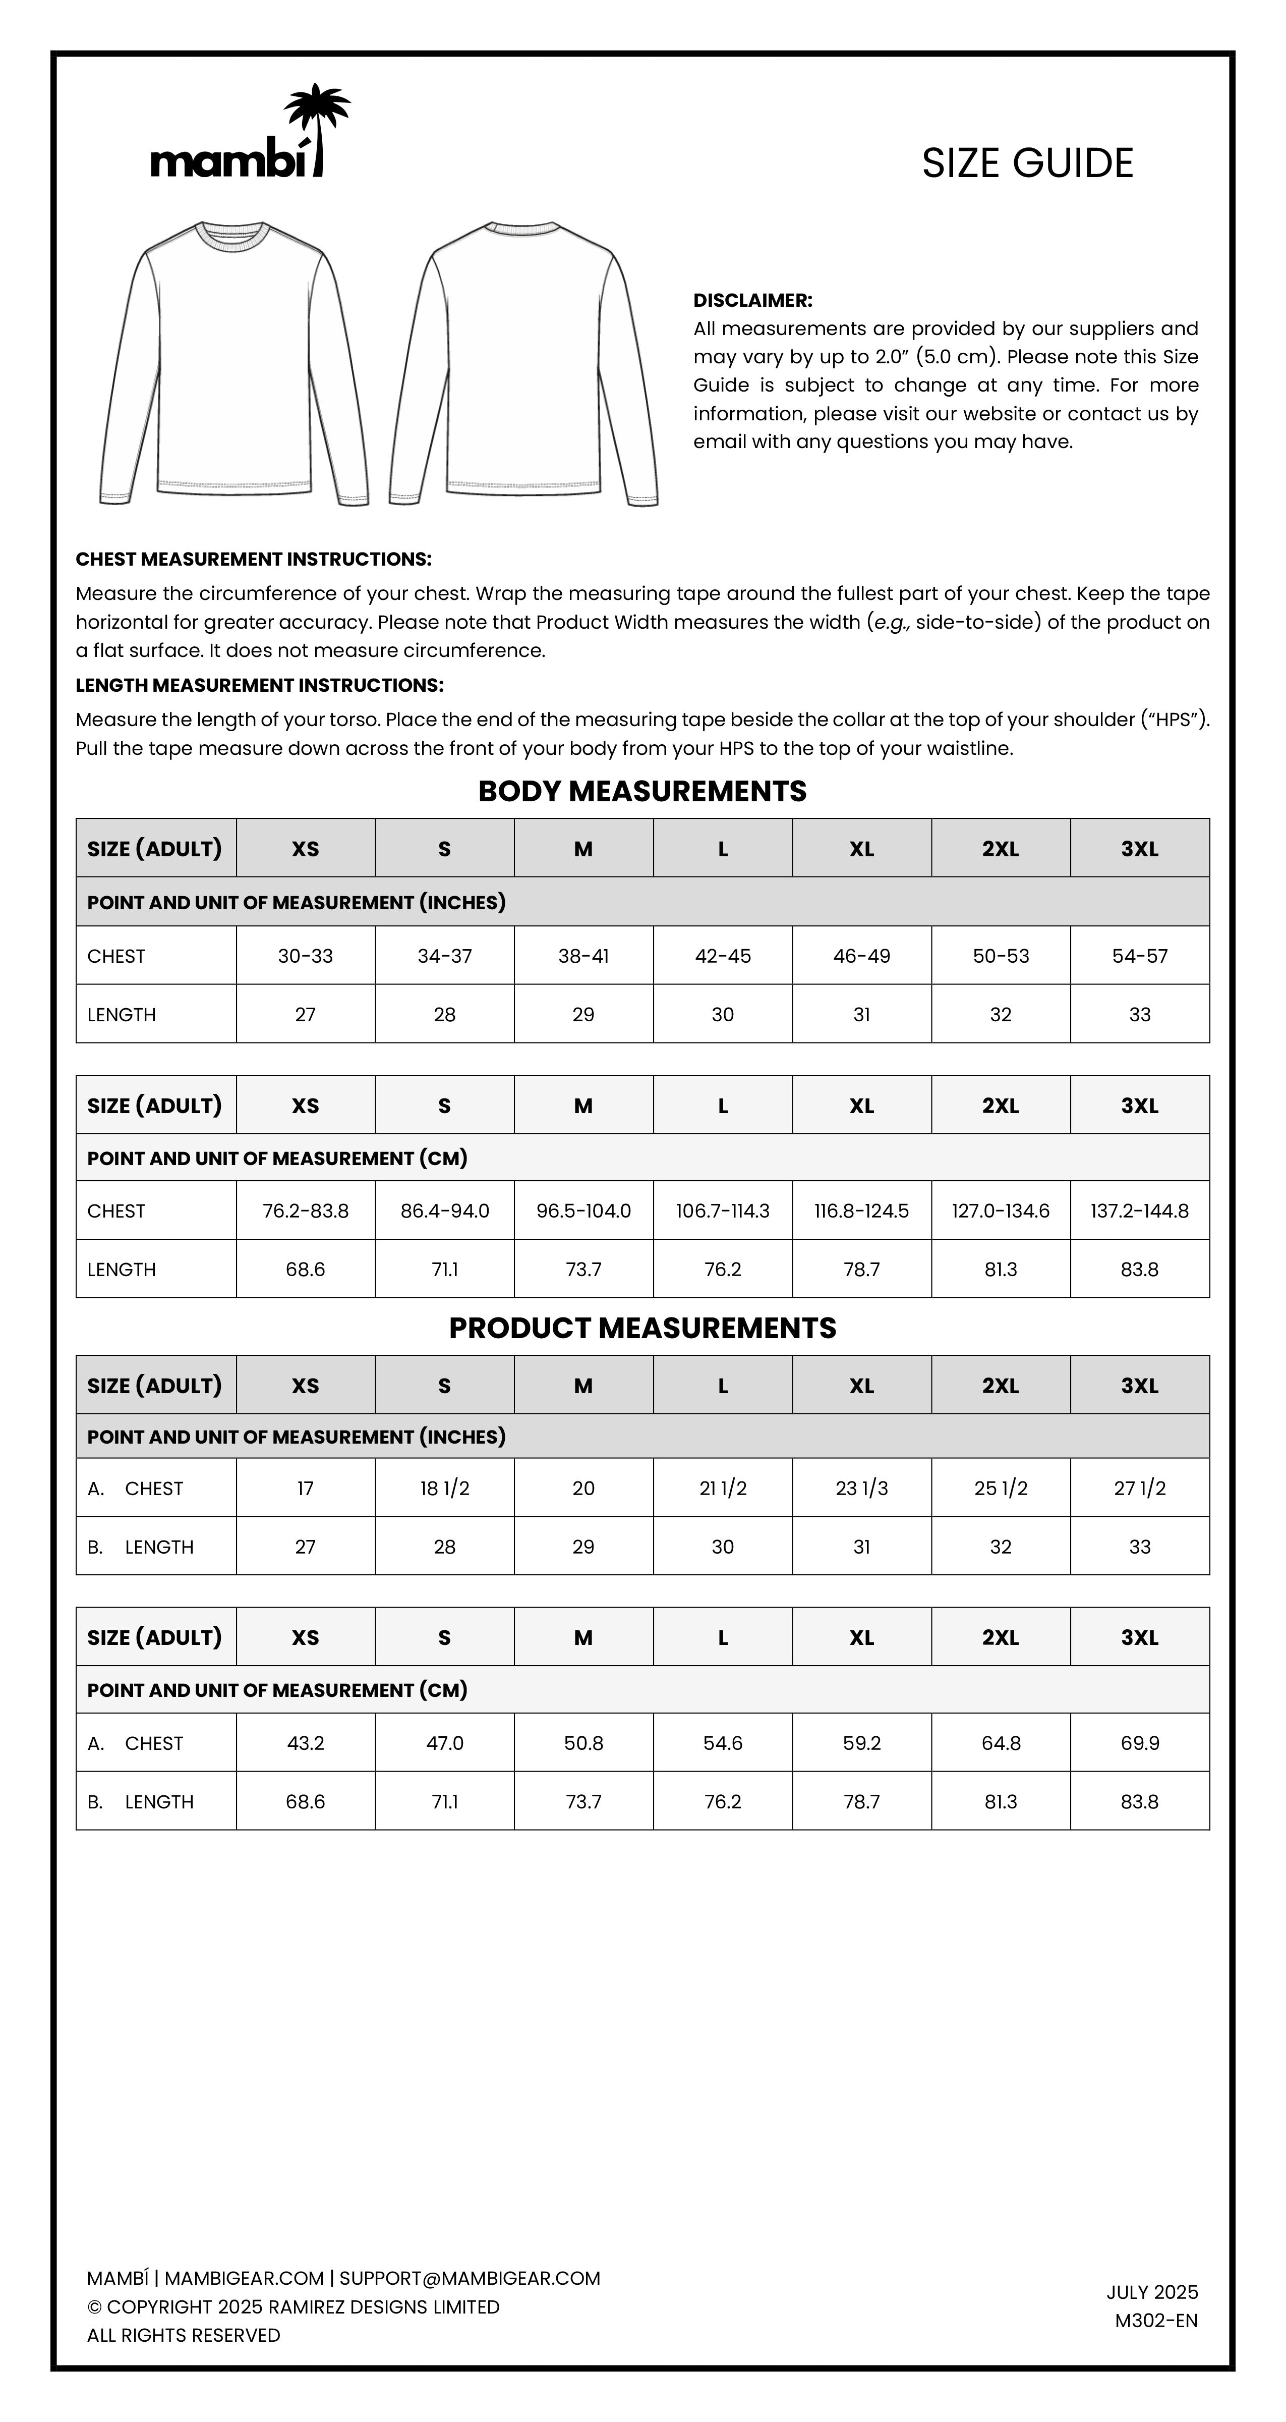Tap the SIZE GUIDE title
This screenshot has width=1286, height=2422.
[1027, 163]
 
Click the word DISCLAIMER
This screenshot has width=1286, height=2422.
[752, 301]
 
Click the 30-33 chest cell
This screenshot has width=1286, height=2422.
[306, 956]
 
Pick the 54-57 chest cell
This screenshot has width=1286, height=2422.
[1139, 956]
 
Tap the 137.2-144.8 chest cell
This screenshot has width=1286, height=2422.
[1139, 1211]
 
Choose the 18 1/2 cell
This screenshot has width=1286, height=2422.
[445, 1489]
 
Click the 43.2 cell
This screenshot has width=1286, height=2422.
[306, 1743]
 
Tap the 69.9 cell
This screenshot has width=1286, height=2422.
[1139, 1743]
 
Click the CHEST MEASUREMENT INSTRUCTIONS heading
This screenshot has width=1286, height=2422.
[254, 560]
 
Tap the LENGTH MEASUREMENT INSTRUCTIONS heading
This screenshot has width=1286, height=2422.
[259, 685]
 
